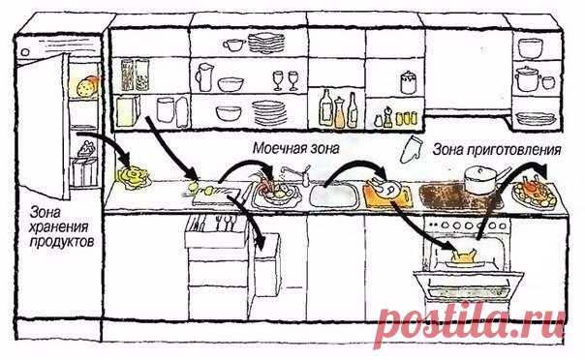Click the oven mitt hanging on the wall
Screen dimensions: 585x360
tap(410, 149)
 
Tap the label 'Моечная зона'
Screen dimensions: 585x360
tap(296, 148)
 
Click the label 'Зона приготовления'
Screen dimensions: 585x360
tap(497, 150)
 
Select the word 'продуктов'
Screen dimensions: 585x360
tap(62, 242)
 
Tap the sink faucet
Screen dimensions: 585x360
tap(297, 174)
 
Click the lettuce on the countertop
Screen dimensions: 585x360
tap(133, 178)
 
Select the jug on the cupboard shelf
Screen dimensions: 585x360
tap(204, 77)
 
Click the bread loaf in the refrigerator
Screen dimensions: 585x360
tap(88, 86)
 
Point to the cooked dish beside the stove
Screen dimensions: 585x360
tap(535, 191)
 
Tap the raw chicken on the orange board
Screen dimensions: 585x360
tap(385, 187)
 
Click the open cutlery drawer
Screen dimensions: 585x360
tap(217, 230)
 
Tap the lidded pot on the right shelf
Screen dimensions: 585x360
tap(528, 78)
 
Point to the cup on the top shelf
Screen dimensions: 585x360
tap(234, 45)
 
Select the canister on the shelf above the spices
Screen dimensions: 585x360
tap(409, 82)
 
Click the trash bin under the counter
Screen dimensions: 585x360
tap(267, 264)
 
